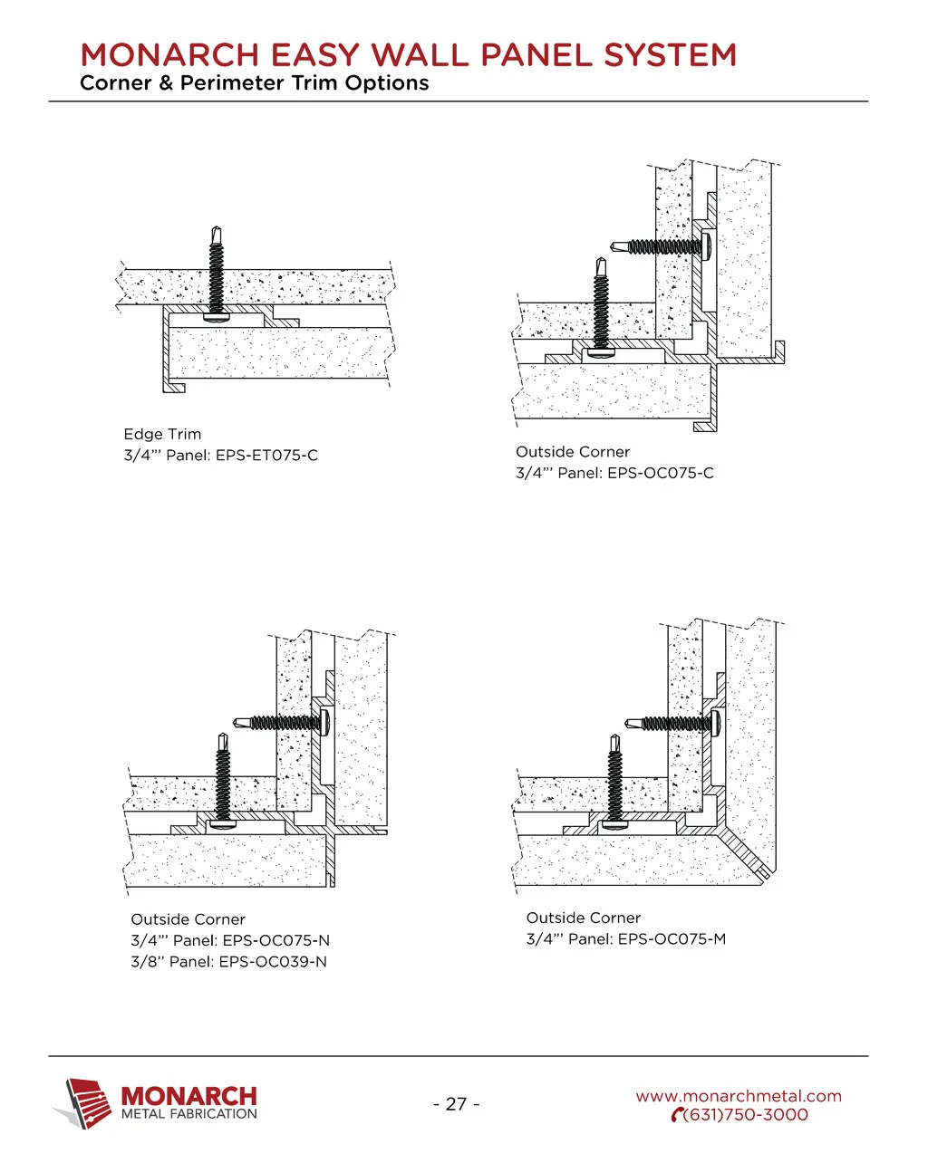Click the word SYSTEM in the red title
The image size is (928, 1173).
[x=670, y=55]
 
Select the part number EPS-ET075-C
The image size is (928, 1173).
[x=266, y=455]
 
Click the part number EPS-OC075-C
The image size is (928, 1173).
[x=660, y=473]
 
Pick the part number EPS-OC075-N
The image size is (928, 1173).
[x=276, y=940]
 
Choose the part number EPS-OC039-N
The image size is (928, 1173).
[x=273, y=962]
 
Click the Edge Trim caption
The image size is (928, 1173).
[x=162, y=434]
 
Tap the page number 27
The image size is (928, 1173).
[x=456, y=1103]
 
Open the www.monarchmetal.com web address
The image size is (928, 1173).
[x=739, y=1096]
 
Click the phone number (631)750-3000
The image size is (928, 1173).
[x=745, y=1115]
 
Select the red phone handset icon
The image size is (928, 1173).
[x=677, y=1115]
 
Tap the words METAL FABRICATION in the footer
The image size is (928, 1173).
[x=188, y=1113]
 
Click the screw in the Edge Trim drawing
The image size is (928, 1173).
[x=217, y=274]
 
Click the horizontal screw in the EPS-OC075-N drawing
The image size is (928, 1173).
[x=282, y=724]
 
